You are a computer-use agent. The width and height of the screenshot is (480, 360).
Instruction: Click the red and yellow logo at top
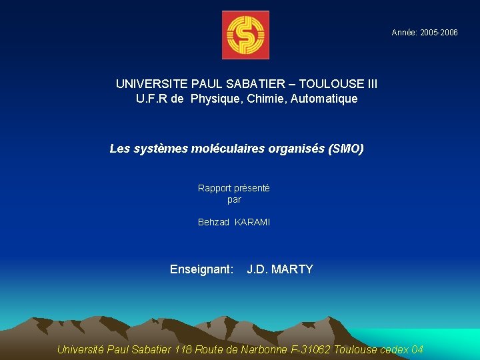245,35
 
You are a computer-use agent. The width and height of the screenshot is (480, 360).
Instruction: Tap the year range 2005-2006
439,33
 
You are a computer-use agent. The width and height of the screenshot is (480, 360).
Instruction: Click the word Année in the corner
405,33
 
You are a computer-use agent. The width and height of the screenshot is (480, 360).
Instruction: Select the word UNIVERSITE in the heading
152,84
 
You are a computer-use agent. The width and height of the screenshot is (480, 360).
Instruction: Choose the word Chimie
266,99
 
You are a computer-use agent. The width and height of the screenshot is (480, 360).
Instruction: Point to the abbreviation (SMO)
346,149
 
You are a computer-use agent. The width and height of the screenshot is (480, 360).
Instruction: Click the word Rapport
214,188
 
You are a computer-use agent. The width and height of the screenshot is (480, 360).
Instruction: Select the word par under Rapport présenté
234,199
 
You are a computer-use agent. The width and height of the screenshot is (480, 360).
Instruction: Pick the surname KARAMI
253,222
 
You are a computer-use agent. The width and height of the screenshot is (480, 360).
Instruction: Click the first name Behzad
213,222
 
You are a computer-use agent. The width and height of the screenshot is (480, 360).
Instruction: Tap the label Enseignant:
202,269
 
